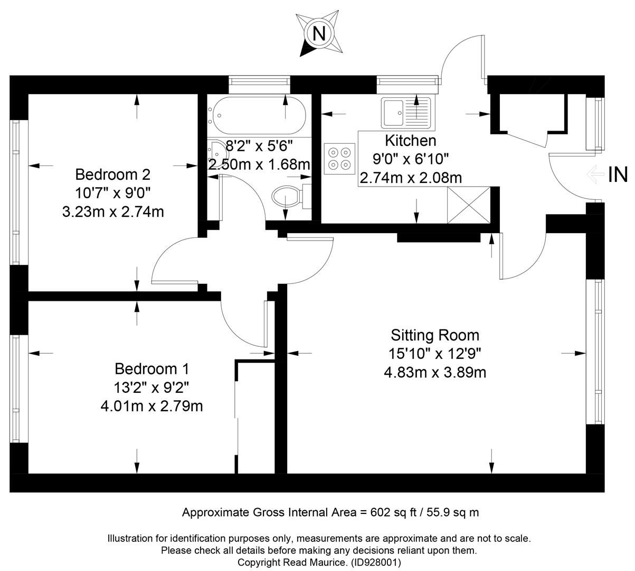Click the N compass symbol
(x=318, y=33)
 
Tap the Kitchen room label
(x=410, y=141)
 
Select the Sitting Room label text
(x=435, y=335)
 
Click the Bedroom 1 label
(x=151, y=369)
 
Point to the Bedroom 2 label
(x=112, y=174)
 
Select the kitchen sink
(x=406, y=113)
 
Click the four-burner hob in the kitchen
(x=338, y=158)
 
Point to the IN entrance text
(x=618, y=174)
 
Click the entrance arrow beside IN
(x=595, y=174)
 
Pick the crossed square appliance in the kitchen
(x=469, y=205)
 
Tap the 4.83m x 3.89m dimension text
(x=435, y=372)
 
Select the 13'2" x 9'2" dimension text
(x=151, y=388)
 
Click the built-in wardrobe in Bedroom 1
(x=255, y=418)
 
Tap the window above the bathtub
(x=259, y=81)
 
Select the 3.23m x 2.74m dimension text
(x=112, y=212)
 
